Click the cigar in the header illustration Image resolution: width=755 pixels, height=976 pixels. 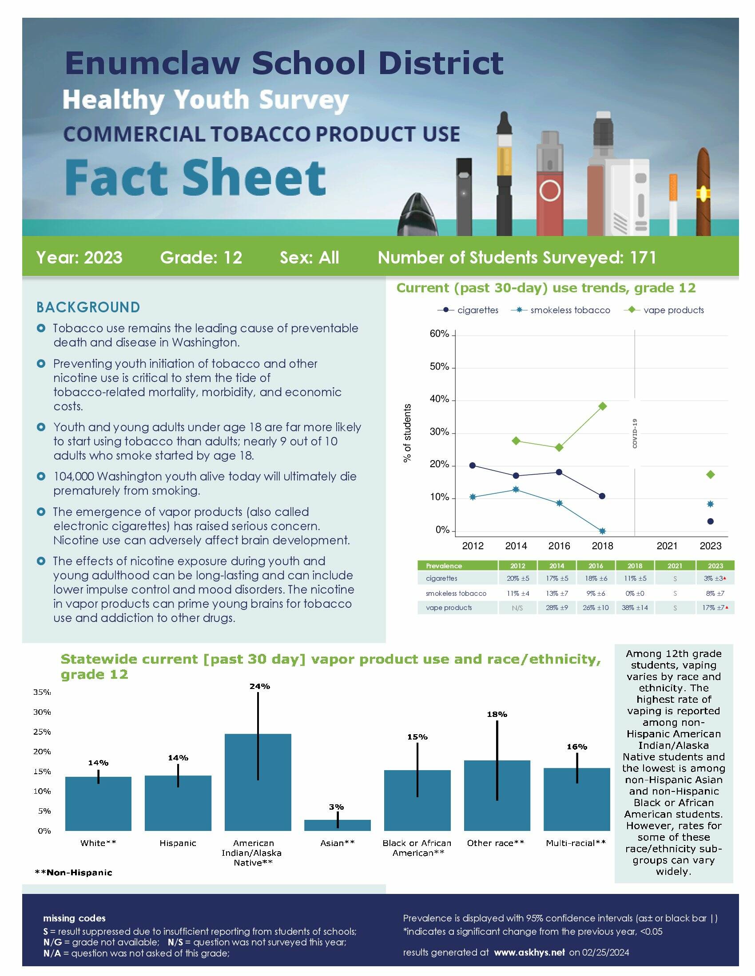click(x=703, y=192)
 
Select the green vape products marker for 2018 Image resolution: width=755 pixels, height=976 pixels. click(x=603, y=406)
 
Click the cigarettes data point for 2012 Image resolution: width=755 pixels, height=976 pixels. click(x=473, y=465)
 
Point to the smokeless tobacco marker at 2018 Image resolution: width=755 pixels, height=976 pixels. click(x=603, y=531)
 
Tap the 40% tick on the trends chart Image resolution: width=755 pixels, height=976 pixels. click(x=439, y=399)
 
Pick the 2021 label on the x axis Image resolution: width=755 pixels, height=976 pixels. click(x=667, y=546)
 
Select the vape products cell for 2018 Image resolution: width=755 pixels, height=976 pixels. click(x=635, y=608)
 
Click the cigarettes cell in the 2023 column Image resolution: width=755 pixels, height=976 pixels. click(x=714, y=578)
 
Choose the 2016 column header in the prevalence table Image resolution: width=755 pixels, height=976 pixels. click(x=596, y=566)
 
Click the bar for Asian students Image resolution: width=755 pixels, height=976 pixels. click(x=337, y=825)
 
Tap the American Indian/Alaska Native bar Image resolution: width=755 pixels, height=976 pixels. click(x=258, y=782)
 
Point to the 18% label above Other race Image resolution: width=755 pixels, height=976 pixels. click(x=497, y=715)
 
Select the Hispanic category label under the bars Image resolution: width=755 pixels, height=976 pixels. click(x=178, y=843)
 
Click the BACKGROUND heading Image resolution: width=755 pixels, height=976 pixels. click(x=88, y=307)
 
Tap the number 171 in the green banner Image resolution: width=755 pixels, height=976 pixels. click(x=643, y=258)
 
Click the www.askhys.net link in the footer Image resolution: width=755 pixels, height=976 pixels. click(x=529, y=952)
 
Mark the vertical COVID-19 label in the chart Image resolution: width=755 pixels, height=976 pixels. click(x=635, y=433)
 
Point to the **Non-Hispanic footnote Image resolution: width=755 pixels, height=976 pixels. click(x=73, y=873)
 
